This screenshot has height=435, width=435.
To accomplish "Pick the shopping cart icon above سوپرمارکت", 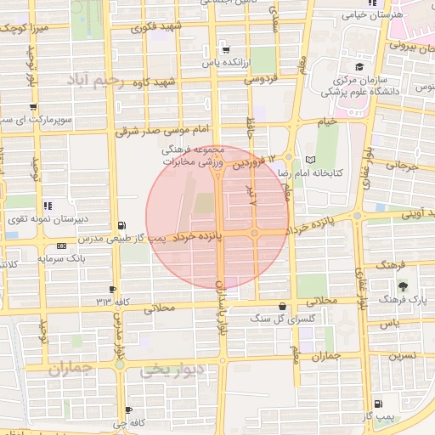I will point(32,107).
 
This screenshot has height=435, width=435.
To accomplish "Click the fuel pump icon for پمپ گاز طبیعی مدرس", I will point(124,225).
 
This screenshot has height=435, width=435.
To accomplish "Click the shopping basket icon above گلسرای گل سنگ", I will point(281,306).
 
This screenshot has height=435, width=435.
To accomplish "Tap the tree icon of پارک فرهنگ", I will point(403,286).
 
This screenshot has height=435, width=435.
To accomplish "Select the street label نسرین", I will point(403,355).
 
